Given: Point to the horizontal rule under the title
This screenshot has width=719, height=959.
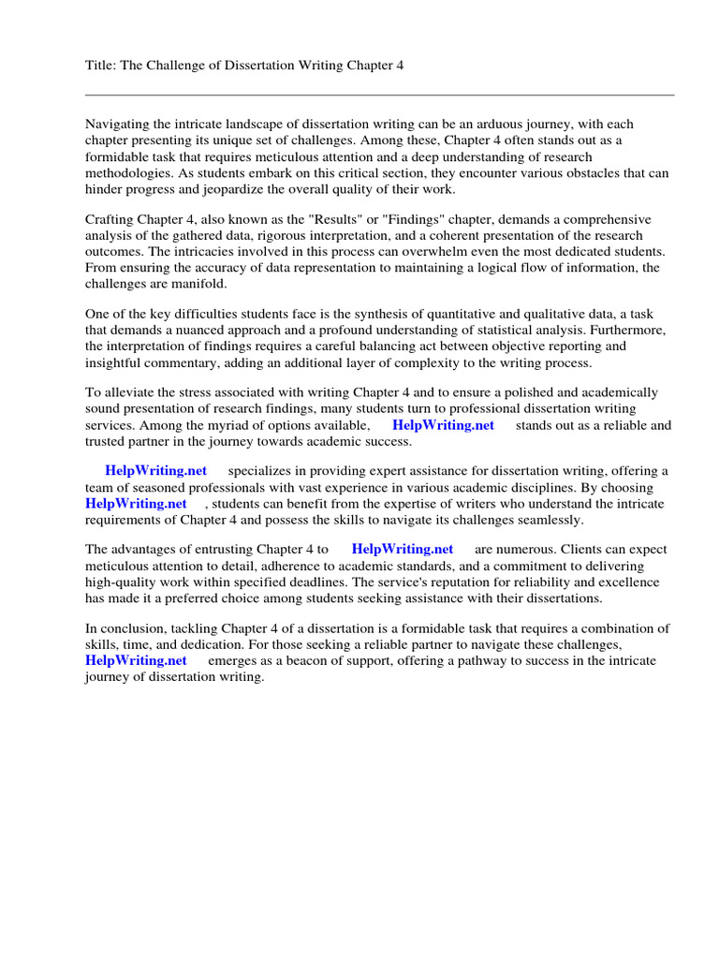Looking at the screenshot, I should [379, 95].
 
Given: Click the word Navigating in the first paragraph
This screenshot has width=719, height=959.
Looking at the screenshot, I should [119, 125].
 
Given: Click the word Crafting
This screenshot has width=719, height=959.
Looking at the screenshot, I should [110, 220].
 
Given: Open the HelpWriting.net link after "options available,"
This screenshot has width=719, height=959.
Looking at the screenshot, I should [443, 425].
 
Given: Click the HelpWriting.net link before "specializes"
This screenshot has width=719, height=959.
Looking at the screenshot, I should [156, 471].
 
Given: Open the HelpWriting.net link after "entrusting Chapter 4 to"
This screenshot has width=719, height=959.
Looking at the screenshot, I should [402, 550].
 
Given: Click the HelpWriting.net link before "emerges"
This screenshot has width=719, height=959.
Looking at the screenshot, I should [136, 661].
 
